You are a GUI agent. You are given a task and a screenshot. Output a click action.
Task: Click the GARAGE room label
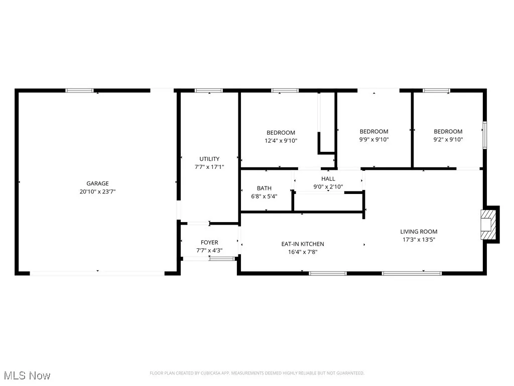tap(97, 183)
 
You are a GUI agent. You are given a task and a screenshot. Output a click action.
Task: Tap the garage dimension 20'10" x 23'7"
tap(97, 191)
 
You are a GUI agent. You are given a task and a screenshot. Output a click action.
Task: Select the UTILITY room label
tap(209, 159)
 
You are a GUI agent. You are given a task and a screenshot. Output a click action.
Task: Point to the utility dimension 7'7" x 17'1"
tap(209, 167)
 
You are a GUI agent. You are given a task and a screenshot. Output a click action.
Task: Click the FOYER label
tap(209, 242)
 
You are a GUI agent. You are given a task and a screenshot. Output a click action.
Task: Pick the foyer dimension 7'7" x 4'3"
tap(209, 250)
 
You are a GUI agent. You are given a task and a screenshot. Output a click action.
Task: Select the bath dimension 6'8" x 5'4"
tap(264, 197)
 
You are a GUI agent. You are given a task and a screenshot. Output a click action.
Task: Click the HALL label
tap(328, 178)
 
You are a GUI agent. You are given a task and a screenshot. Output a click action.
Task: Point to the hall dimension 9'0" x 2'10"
tap(328, 186)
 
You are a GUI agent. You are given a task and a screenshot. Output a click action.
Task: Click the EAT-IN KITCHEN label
tap(302, 244)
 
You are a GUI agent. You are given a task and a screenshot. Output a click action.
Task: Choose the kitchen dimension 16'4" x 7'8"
tap(302, 252)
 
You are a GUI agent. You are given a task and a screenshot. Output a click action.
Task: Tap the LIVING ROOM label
tap(419, 232)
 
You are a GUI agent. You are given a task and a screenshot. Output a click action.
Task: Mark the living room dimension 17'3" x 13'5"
tap(419, 240)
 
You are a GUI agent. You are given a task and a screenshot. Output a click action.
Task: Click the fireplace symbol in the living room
tap(487, 224)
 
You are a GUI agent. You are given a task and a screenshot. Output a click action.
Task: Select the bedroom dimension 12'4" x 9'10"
tap(281, 141)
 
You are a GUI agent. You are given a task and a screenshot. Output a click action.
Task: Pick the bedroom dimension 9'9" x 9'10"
tap(374, 140)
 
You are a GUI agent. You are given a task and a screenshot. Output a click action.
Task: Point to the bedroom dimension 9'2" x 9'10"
tap(448, 140)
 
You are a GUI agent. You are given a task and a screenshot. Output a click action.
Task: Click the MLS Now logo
tap(27, 375)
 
